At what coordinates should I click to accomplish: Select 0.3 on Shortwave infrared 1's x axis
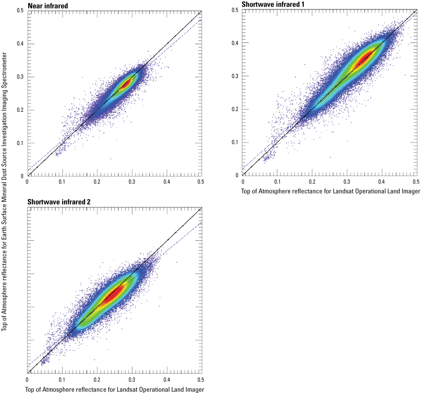347,181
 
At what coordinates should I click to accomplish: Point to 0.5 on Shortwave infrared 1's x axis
416,181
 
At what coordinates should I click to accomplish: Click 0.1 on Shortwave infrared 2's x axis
62,378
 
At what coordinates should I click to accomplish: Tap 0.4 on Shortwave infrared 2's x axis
167,378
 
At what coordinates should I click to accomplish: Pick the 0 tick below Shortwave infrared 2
27,378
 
